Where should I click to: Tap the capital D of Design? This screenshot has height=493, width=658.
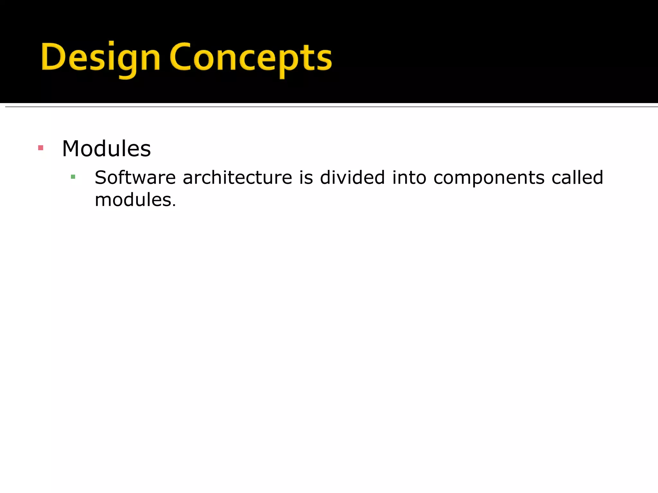click(x=53, y=57)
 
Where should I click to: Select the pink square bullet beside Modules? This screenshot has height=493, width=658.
click(x=40, y=148)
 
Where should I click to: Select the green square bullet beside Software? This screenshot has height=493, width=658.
click(x=73, y=177)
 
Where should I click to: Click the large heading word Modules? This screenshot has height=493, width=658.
click(x=106, y=149)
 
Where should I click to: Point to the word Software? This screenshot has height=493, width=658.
click(x=135, y=177)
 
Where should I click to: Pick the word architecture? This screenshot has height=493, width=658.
click(x=237, y=177)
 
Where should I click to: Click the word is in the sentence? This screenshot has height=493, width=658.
click(x=306, y=177)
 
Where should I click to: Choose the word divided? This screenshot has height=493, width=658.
click(x=352, y=177)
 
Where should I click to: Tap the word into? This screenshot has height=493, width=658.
click(x=409, y=177)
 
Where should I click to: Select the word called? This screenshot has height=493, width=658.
click(x=577, y=177)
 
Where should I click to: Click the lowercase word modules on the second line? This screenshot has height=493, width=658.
click(x=133, y=200)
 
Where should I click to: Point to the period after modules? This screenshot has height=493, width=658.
click(x=174, y=206)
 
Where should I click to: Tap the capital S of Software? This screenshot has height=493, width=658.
click(x=101, y=177)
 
